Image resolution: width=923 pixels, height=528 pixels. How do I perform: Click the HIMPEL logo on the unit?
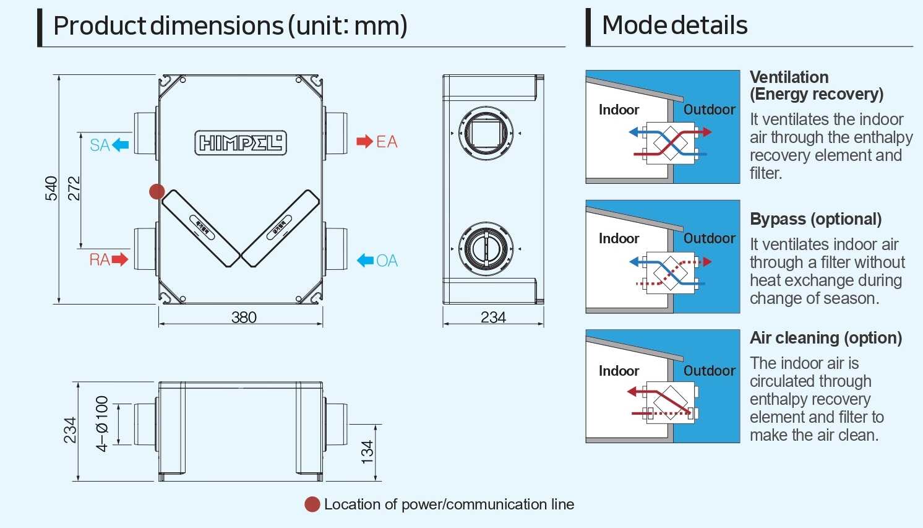[241, 143]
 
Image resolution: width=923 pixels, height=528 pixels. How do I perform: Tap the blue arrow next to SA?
[121, 145]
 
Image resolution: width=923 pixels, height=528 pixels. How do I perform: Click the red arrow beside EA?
[364, 142]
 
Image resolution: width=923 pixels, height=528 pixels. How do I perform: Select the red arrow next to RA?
[120, 259]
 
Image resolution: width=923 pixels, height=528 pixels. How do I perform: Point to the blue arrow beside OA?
[366, 261]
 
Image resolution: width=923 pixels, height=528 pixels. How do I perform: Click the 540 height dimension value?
[51, 189]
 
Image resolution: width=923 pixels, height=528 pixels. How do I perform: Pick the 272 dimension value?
[74, 189]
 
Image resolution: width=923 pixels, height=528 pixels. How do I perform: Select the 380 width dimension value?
[244, 318]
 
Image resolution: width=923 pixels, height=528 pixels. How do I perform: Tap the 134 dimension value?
[367, 452]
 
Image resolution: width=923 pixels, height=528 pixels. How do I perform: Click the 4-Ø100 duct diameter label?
[102, 423]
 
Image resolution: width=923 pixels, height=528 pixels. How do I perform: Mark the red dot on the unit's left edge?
[157, 192]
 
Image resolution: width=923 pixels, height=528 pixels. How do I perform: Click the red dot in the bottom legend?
[312, 504]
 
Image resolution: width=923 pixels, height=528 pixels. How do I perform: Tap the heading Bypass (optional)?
[815, 219]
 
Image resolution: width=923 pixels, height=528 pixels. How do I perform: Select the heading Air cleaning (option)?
[825, 338]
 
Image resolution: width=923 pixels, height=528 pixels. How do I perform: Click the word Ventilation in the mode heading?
[789, 77]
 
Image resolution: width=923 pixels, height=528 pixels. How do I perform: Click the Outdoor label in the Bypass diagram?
[709, 238]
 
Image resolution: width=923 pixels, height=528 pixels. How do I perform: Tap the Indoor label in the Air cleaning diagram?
[619, 371]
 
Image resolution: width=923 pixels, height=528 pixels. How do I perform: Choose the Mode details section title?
[674, 26]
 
